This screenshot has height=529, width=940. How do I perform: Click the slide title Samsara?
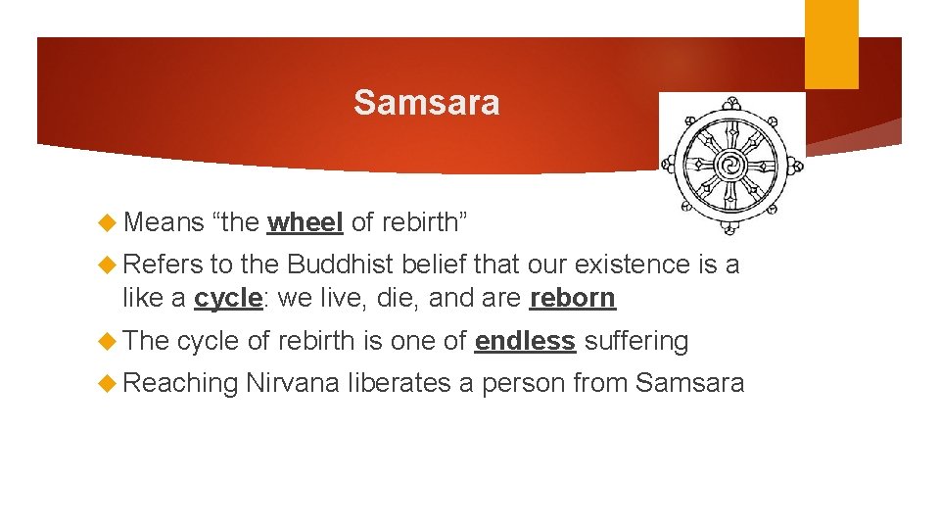[x=426, y=102]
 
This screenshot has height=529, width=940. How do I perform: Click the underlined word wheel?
[x=305, y=222]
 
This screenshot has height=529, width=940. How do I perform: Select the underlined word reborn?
[x=573, y=298]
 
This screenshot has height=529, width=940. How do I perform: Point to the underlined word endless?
[x=525, y=341]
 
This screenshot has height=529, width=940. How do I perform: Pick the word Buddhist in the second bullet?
[x=339, y=264]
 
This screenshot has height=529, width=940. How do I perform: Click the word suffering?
[x=636, y=341]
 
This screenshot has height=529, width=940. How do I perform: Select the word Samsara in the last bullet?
[x=689, y=383]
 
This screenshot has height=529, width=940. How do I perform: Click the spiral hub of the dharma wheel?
[x=730, y=163]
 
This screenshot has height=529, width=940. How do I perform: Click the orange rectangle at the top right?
[x=831, y=44]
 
